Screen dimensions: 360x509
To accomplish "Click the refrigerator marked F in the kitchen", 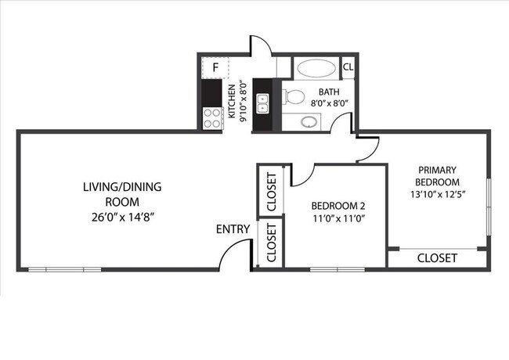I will (215, 68).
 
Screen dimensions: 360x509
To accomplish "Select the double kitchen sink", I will (263, 102).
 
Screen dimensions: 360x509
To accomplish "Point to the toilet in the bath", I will (293, 97).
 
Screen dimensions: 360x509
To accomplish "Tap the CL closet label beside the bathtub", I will (348, 67).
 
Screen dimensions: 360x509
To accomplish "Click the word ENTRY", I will (233, 229).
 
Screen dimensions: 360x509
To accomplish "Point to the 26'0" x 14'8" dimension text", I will (121, 217).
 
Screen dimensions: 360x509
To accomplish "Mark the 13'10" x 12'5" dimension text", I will (437, 194).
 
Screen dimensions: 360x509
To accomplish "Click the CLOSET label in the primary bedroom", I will (437, 257).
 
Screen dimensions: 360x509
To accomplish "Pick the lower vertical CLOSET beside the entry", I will (271, 243).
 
